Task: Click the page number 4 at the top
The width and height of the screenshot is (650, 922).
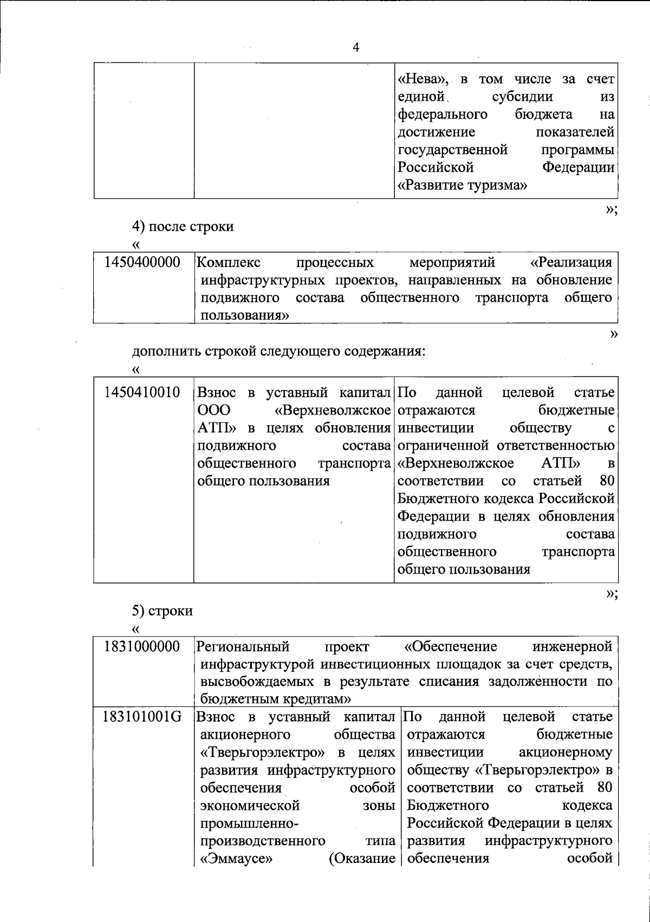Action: coord(356,47)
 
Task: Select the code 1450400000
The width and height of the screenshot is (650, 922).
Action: coord(142,263)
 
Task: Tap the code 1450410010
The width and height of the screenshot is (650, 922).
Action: coord(142,392)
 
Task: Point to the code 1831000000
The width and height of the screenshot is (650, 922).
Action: coord(142,646)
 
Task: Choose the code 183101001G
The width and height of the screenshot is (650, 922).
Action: coord(142,717)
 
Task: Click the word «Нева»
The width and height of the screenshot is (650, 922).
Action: coord(423,80)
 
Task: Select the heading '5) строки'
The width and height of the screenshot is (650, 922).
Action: coord(162,611)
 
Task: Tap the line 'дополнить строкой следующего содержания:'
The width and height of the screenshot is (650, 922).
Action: coord(279,351)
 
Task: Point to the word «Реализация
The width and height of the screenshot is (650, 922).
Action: coord(571,263)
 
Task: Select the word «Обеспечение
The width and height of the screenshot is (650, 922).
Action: coord(451,646)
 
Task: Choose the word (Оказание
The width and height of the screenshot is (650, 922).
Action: coord(362,859)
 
